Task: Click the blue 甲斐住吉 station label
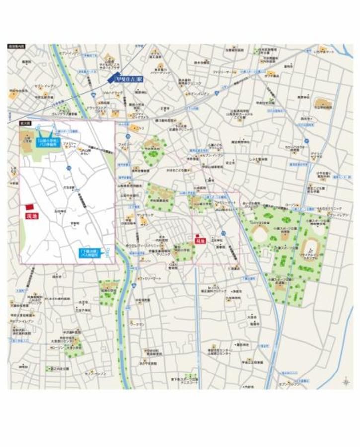129,78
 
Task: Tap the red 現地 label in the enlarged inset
32,216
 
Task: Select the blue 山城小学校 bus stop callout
48,144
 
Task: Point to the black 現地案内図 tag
16,47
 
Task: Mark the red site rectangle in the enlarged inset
29,207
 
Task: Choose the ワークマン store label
137,324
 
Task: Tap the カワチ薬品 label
271,76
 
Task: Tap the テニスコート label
189,382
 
